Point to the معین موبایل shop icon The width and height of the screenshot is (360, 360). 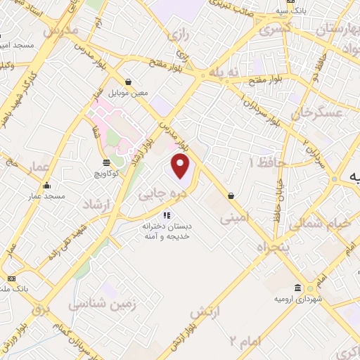(127, 82)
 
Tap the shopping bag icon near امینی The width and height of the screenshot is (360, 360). (231, 195)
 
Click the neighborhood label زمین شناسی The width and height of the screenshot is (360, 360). (97, 304)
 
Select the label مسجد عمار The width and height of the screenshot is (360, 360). (47, 197)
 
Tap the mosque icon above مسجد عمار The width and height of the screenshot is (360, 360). (47, 186)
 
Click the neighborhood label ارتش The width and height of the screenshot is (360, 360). (206, 311)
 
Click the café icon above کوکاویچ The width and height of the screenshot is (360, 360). (105, 162)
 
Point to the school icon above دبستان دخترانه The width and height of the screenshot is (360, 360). (167, 215)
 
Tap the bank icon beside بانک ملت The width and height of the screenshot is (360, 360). (12, 278)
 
